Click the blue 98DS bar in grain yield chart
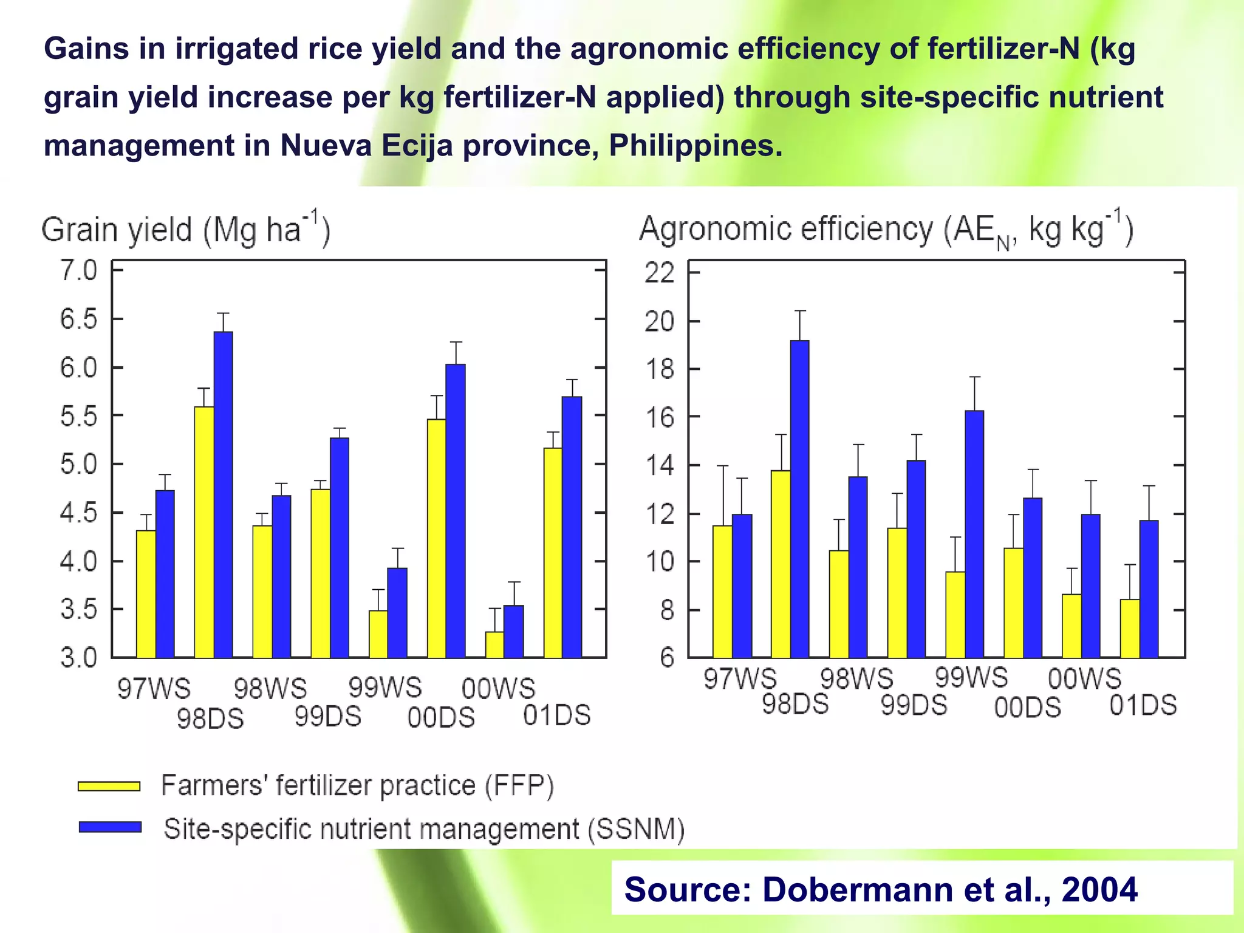tap(223, 495)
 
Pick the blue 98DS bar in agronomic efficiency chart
tap(799, 499)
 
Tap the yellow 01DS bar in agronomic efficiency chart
tap(1130, 628)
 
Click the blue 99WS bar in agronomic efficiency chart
tap(974, 535)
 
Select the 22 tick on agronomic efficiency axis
tap(660, 273)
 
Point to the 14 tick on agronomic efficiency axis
tap(660, 466)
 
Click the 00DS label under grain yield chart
tap(441, 718)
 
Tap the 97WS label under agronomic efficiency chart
tap(740, 678)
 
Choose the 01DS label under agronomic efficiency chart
tap(1143, 706)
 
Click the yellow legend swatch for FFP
tap(109, 787)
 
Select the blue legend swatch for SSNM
tap(110, 827)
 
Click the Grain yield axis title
tap(186, 230)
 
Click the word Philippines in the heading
tap(694, 146)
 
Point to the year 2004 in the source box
tap(1099, 889)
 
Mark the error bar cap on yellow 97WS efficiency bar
tap(722, 466)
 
